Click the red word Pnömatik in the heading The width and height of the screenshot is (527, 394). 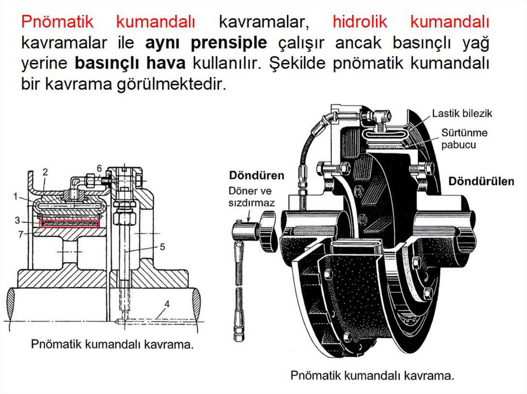pos(57,22)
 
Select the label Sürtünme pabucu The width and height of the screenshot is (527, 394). pos(464,138)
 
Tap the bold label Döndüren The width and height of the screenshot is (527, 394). pos(257,175)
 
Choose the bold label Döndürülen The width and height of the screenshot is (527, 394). pos(481,181)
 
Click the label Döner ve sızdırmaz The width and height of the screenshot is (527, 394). pos(252,197)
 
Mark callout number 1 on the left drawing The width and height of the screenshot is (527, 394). pos(16,196)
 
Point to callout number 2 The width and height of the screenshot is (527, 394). pos(45,171)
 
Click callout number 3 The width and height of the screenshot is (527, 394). pos(17,220)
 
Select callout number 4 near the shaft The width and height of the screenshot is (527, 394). pos(167,303)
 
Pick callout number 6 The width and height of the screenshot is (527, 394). pos(99,168)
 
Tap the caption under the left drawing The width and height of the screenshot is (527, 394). pos(112,344)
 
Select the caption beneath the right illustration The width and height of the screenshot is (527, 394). pos(372,376)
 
